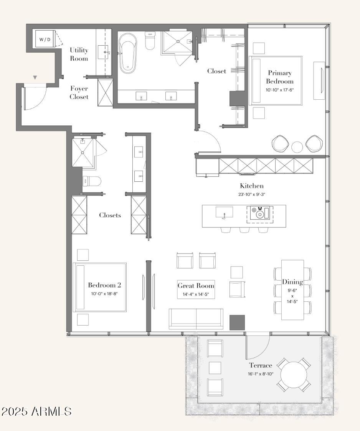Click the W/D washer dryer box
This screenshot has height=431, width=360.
45,39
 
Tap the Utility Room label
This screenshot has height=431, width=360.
79,54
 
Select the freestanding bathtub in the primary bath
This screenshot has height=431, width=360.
127,53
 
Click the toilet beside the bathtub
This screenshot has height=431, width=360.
150,41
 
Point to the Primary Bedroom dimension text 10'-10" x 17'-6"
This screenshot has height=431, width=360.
280,90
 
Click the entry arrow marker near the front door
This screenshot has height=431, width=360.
35,77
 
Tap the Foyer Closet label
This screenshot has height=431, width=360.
79,93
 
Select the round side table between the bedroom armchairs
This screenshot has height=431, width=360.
297,147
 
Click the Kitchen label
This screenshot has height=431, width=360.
252,186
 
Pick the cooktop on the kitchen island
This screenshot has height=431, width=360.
259,213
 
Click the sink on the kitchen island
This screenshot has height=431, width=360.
224,212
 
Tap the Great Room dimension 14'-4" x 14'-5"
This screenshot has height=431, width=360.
196,294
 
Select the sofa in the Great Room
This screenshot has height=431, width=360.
196,319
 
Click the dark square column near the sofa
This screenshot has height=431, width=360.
237,322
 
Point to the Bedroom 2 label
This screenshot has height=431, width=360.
104,285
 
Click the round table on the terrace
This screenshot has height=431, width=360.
294,375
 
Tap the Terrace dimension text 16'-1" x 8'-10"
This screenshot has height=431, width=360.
261,374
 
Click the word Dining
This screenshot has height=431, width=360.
292,282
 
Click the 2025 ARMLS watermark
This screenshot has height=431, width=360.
36,411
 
